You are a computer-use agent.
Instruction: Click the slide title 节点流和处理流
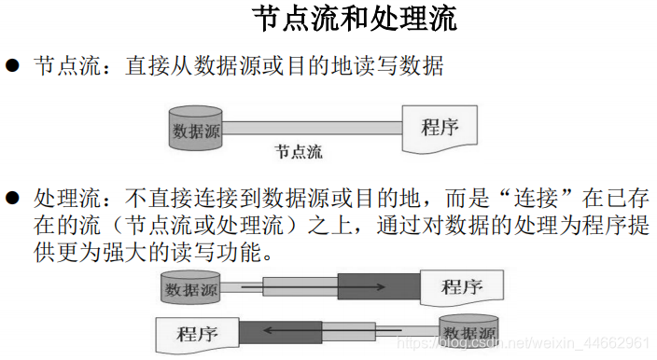[x=355, y=21]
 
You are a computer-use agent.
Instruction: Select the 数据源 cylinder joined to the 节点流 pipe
[x=195, y=130]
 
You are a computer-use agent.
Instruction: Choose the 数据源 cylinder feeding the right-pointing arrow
[x=191, y=286]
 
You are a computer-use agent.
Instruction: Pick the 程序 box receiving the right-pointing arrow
[x=463, y=285]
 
